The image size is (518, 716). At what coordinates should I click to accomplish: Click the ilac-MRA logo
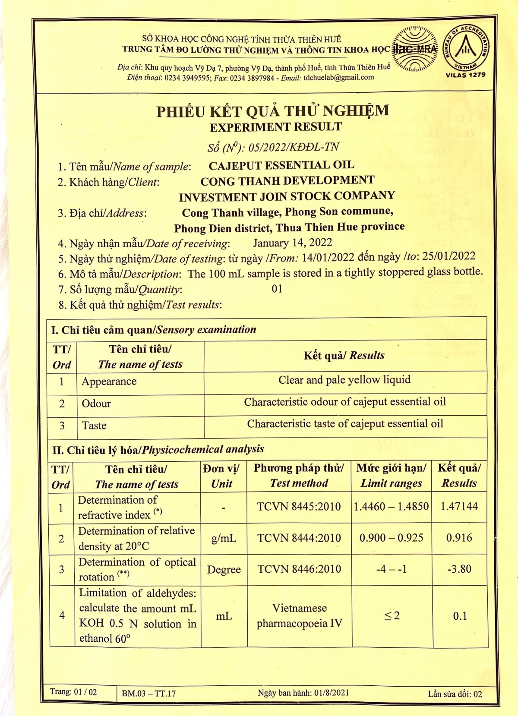click(x=415, y=49)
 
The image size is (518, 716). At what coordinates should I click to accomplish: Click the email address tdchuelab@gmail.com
click(x=339, y=77)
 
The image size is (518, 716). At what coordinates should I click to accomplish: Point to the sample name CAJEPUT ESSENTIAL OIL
click(x=281, y=165)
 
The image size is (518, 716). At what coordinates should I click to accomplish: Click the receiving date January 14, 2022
click(x=292, y=243)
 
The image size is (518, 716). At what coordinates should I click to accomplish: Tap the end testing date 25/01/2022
click(x=449, y=256)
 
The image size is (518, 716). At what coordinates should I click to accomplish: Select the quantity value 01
click(x=277, y=289)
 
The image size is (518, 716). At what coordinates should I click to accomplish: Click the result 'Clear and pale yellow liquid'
click(x=344, y=380)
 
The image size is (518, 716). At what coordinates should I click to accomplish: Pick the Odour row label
click(x=96, y=404)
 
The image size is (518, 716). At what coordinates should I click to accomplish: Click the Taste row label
click(x=94, y=426)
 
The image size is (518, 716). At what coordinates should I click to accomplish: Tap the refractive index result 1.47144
click(x=459, y=506)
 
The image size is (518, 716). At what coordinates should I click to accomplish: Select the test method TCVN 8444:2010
click(x=299, y=538)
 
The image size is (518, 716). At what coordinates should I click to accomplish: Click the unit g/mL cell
click(x=224, y=538)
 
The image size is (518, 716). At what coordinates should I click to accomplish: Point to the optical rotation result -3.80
click(x=459, y=569)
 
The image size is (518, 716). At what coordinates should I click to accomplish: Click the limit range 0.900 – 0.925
click(x=391, y=538)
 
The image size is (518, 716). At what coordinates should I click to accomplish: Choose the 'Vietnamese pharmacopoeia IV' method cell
click(x=299, y=616)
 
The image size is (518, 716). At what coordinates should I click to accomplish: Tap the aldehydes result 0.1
click(x=460, y=616)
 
